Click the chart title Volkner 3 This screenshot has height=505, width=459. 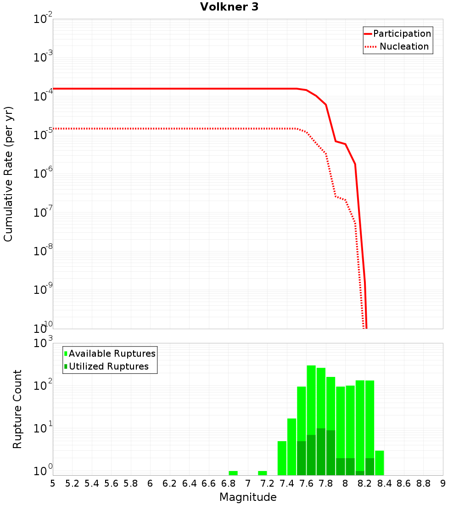click(229, 7)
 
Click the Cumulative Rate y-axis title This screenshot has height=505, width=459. click(8, 174)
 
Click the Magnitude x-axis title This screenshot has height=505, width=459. click(248, 497)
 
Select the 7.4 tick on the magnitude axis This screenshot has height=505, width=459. click(287, 483)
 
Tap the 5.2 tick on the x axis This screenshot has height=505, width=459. click(72, 483)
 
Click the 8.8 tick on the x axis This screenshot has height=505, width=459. click(423, 483)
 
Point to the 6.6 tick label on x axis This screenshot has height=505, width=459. click(209, 483)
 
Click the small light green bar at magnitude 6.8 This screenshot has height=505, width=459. click(233, 473)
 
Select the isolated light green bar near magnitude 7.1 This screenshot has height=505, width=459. click(263, 473)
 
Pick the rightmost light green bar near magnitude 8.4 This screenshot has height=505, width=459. click(380, 463)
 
